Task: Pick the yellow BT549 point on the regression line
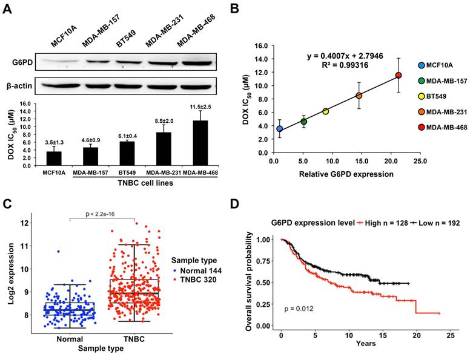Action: click(x=325, y=111)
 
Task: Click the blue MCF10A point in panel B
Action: click(x=279, y=129)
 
